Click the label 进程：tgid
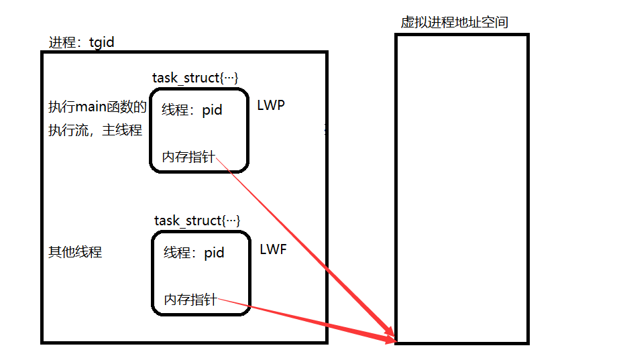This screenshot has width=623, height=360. (81, 43)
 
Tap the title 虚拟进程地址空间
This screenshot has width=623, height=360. (454, 22)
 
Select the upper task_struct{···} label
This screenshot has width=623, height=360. (195, 78)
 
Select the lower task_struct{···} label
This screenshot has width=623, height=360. (197, 221)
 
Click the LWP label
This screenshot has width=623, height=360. (271, 106)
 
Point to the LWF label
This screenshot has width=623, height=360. (273, 249)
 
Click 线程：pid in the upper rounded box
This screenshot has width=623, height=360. (192, 110)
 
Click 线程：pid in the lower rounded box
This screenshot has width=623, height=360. (194, 253)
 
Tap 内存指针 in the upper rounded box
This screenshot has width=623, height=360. (188, 157)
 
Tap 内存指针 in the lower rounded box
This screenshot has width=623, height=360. (190, 300)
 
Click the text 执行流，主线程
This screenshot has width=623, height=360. (95, 130)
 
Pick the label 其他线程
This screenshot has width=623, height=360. (74, 252)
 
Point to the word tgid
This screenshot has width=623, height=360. (101, 43)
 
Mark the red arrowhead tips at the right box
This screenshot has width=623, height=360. (392, 337)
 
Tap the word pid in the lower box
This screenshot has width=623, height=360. (214, 253)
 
